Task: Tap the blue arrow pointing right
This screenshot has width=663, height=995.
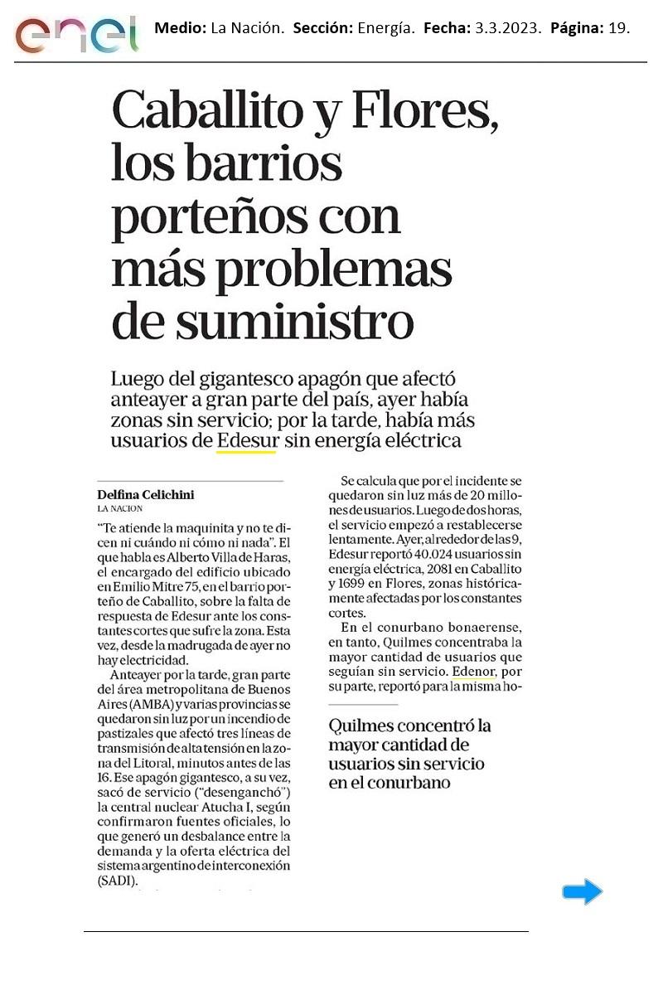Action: (582, 891)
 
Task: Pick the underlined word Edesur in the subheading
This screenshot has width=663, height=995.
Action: (247, 440)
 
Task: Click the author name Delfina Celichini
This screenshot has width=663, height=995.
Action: (146, 495)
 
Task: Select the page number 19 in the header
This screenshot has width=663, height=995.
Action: (617, 28)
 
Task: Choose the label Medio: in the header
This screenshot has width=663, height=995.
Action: (180, 28)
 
